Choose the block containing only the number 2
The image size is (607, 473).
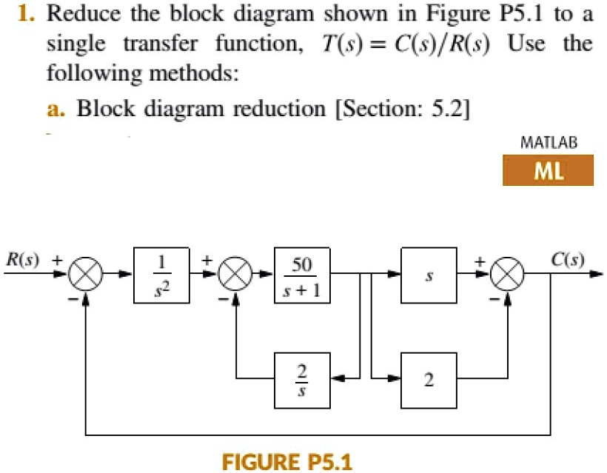429,380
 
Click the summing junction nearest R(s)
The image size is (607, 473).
87,276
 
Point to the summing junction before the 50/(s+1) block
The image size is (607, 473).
235,276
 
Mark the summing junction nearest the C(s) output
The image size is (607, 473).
508,276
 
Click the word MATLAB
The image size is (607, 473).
548,142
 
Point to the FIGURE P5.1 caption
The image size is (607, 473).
288,462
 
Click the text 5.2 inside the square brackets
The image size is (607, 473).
446,108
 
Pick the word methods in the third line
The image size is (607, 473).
190,73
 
